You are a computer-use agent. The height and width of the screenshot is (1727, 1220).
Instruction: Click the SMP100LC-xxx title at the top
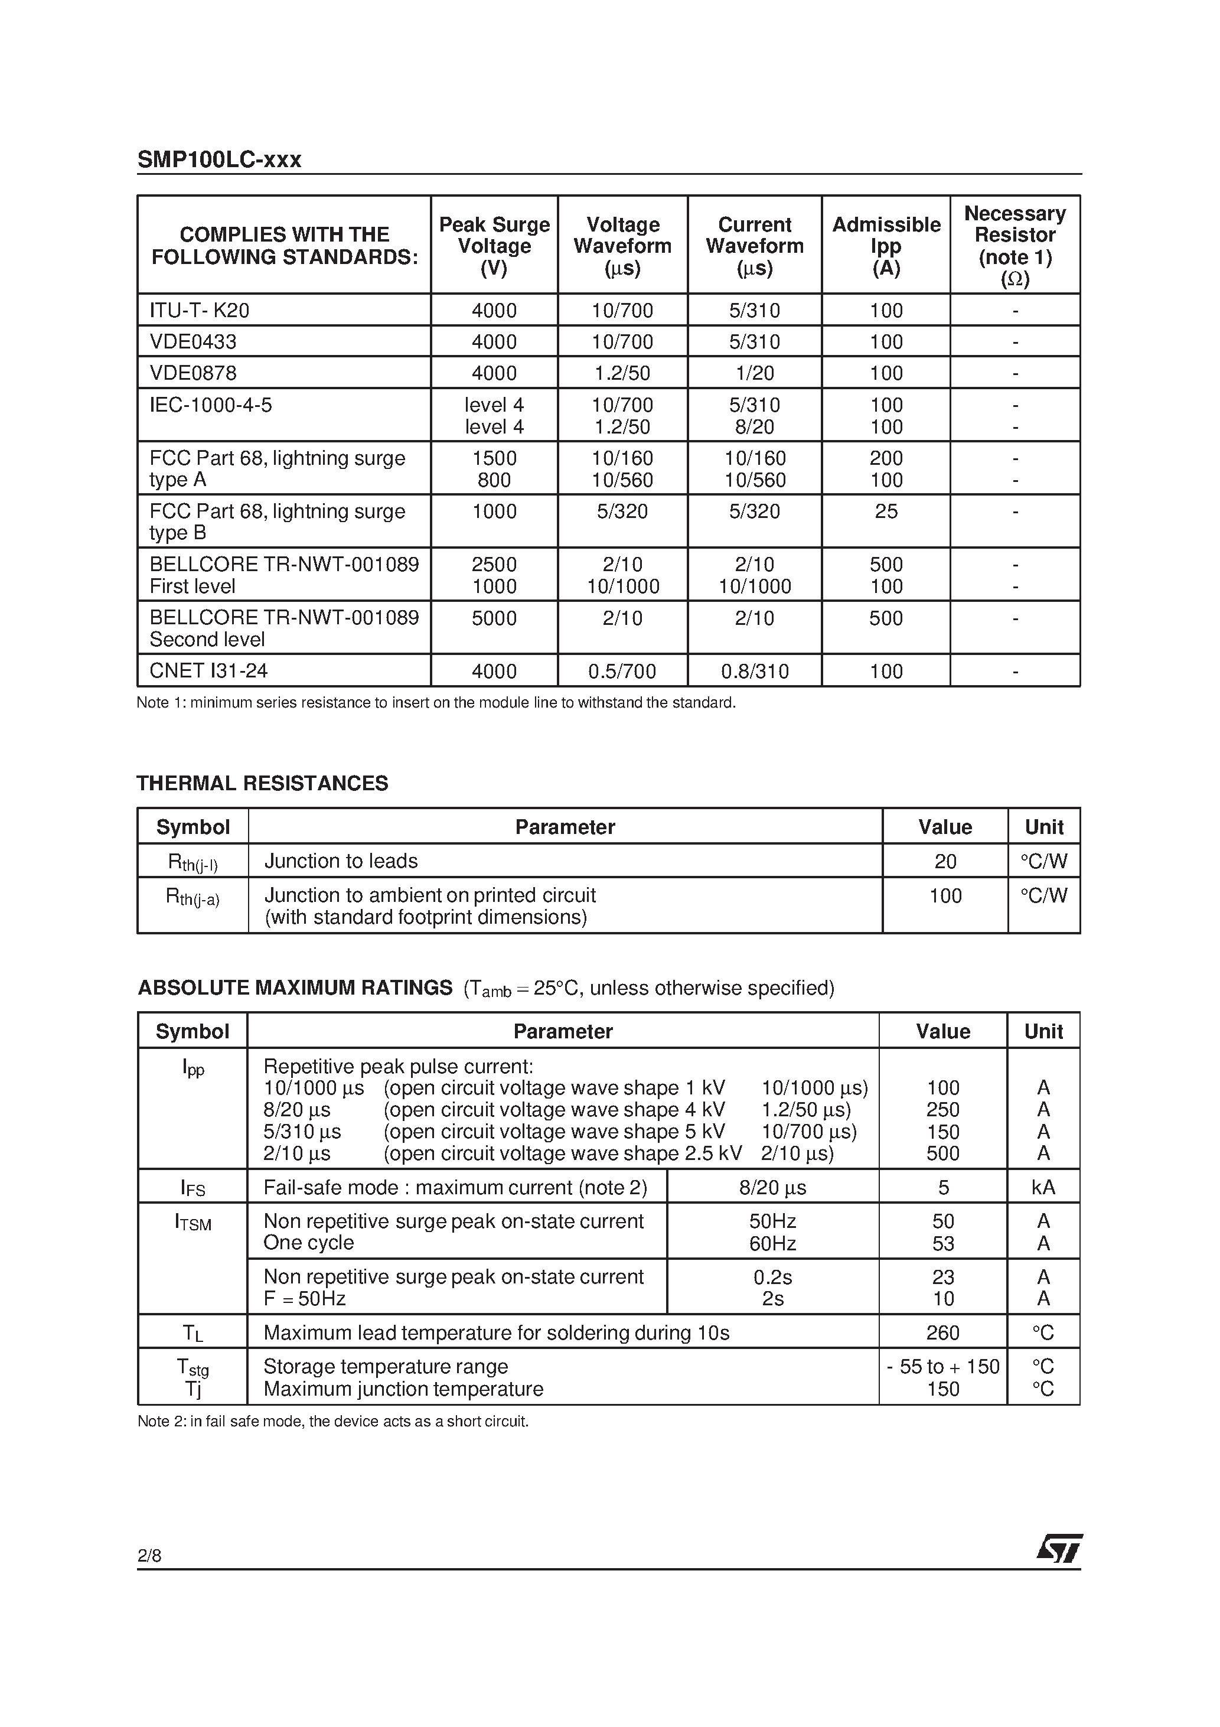point(219,159)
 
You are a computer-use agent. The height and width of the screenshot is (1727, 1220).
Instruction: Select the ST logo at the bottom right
point(1059,1549)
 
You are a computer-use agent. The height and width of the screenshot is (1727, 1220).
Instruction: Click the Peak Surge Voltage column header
point(494,246)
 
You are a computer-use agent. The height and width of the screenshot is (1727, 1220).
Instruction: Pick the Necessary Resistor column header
point(1015,245)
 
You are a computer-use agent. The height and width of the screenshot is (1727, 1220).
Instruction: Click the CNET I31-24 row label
point(208,671)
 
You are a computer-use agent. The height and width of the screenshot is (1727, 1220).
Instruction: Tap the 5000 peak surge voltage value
point(494,618)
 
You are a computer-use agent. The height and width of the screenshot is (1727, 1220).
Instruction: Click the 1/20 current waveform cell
point(755,373)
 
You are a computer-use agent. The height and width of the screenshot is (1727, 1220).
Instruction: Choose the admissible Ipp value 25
point(886,511)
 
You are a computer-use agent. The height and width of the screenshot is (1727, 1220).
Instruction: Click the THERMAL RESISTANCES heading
point(263,783)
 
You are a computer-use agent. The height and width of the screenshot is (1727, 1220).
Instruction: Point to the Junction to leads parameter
point(341,861)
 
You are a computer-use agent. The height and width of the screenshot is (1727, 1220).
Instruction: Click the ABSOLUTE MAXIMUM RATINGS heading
point(295,988)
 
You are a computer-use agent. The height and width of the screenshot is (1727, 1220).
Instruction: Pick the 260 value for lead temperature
point(942,1333)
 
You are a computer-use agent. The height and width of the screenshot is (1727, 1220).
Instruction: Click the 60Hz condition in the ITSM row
point(772,1243)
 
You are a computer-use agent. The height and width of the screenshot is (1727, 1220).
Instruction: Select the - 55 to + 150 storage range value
point(943,1367)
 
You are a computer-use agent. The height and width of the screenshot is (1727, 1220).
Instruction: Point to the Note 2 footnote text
point(333,1422)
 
